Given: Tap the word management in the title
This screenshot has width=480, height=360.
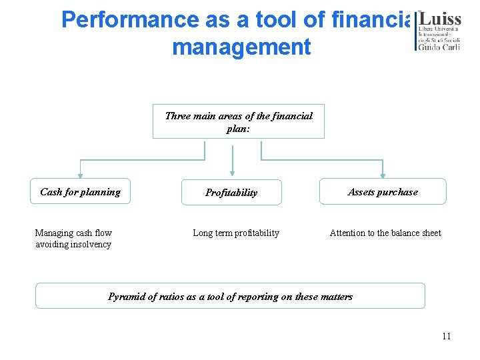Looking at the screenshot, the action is [x=241, y=47].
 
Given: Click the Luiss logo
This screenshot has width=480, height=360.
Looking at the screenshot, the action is [x=438, y=31].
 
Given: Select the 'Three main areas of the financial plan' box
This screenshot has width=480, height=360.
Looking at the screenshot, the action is [x=238, y=121].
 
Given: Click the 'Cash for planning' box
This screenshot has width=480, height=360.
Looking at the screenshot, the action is [x=80, y=192].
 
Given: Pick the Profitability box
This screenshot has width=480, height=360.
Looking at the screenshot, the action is [x=231, y=193].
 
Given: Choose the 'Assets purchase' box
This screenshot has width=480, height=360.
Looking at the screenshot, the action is [x=383, y=192].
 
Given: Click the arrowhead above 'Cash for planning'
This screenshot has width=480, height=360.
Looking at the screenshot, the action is [x=80, y=175].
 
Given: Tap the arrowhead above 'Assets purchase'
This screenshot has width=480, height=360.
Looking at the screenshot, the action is [x=383, y=175].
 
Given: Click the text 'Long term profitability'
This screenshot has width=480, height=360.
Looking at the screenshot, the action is [x=236, y=233].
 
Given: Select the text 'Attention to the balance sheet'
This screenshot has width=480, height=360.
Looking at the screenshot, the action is [x=385, y=233].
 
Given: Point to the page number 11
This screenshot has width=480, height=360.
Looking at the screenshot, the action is [x=446, y=336].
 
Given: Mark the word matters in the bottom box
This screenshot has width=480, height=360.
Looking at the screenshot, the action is [x=335, y=297].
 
